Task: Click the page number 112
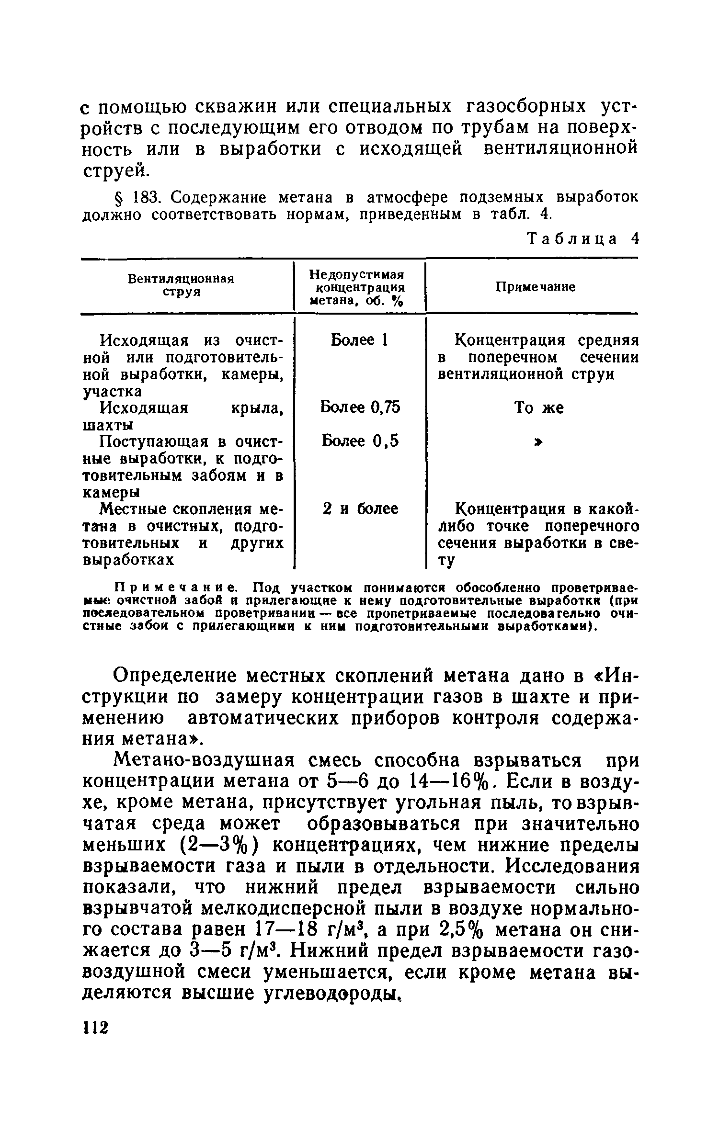96,1028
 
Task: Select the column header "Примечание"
535,287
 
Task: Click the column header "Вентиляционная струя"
181,285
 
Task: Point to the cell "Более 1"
359,340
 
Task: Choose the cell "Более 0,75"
360,407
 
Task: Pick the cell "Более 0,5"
360,441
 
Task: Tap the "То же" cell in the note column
539,408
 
